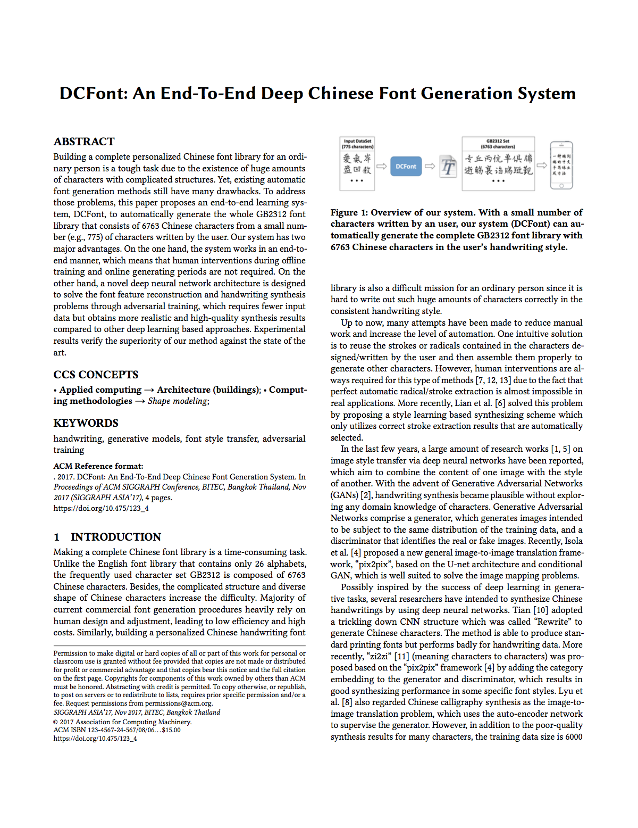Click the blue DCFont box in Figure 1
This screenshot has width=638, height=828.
pyautogui.click(x=406, y=166)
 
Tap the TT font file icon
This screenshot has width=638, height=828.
pyautogui.click(x=448, y=167)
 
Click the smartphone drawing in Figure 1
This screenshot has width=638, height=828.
pyautogui.click(x=561, y=165)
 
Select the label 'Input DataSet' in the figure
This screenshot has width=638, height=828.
pyautogui.click(x=357, y=142)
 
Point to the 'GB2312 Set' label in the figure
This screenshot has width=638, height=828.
pyautogui.click(x=498, y=142)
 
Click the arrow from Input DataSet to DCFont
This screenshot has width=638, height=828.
pyautogui.click(x=382, y=166)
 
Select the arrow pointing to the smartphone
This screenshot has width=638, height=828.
pyautogui.click(x=542, y=165)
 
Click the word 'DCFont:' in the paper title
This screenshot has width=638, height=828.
pyautogui.click(x=94, y=94)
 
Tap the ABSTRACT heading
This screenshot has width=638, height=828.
pyautogui.click(x=84, y=142)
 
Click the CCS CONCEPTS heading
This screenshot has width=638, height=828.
pyautogui.click(x=96, y=375)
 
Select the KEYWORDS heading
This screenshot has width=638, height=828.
pyautogui.click(x=86, y=423)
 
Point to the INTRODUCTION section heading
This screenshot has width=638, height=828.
pyautogui.click(x=116, y=537)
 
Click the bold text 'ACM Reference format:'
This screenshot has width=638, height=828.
pyautogui.click(x=98, y=466)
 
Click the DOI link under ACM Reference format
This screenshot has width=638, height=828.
pyautogui.click(x=101, y=508)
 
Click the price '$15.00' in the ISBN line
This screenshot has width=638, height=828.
pyautogui.click(x=171, y=730)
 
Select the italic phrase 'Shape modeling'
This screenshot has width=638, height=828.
pyautogui.click(x=178, y=401)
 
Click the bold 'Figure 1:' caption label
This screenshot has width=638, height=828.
pyautogui.click(x=349, y=212)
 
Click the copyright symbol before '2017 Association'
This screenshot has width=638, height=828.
pyautogui.click(x=56, y=722)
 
